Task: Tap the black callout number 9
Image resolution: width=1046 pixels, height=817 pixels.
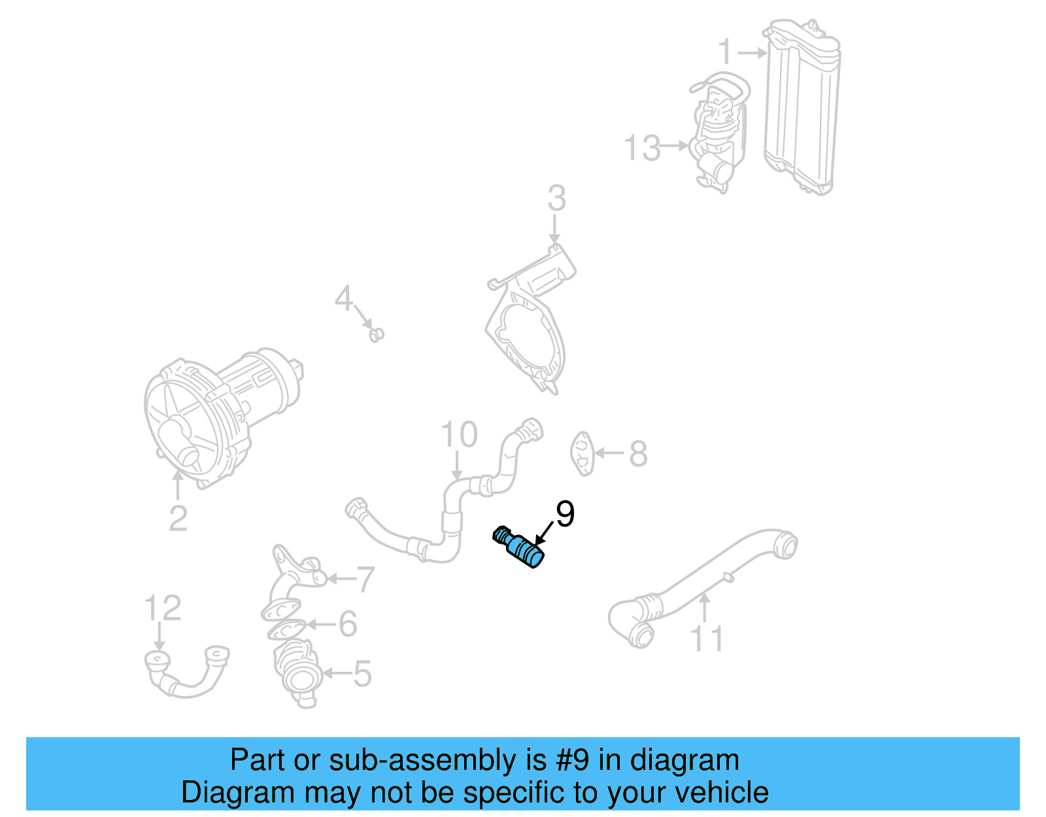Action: pos(565,514)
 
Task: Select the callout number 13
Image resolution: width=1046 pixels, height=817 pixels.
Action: pos(643,148)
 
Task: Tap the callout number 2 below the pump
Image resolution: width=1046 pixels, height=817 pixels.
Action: pos(178,518)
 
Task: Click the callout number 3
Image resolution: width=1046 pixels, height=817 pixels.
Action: pos(556,198)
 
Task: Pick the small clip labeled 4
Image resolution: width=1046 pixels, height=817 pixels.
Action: pos(376,335)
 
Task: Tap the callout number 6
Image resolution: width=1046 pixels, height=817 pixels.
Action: pos(348,624)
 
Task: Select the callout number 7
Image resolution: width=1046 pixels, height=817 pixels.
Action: pos(364,579)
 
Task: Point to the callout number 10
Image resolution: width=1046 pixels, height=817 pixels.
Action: pos(459,434)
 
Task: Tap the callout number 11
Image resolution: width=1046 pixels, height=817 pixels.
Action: pos(707,639)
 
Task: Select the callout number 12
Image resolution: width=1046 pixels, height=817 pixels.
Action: pos(163,608)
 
